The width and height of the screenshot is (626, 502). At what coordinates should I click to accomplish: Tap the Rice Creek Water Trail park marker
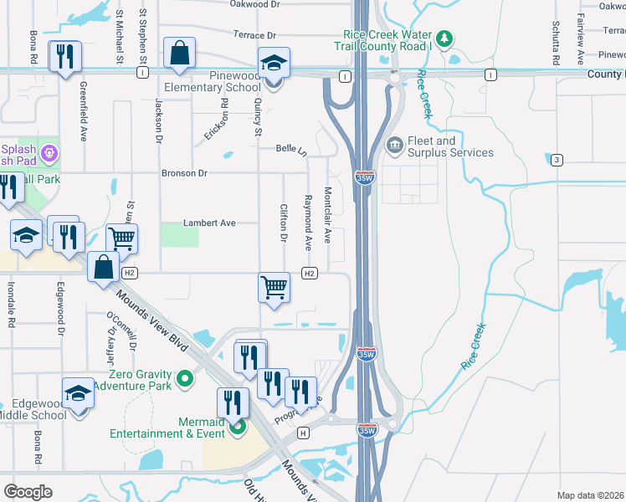pos(444,38)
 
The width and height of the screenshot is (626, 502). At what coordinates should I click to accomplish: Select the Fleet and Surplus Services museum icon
pos(394,146)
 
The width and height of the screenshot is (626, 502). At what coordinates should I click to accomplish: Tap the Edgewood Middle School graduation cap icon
pos(77,392)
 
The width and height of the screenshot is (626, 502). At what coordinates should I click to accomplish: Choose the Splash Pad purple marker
pos(49,153)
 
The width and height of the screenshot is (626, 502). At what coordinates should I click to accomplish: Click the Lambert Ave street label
pos(210,223)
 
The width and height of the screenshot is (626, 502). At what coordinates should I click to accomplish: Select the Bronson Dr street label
pos(184,173)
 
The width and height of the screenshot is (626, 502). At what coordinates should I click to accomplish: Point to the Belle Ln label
pos(292,148)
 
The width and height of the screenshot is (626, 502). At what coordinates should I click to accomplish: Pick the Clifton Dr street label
pos(284,223)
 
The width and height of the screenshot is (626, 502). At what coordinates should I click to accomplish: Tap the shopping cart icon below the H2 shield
pos(275,287)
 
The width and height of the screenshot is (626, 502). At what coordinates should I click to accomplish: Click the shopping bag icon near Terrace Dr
pos(180,53)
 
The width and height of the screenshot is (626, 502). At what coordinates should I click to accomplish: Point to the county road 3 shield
pos(556,160)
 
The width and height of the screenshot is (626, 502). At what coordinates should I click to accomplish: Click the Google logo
pos(28,492)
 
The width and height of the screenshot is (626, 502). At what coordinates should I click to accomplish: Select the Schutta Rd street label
pos(554,44)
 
